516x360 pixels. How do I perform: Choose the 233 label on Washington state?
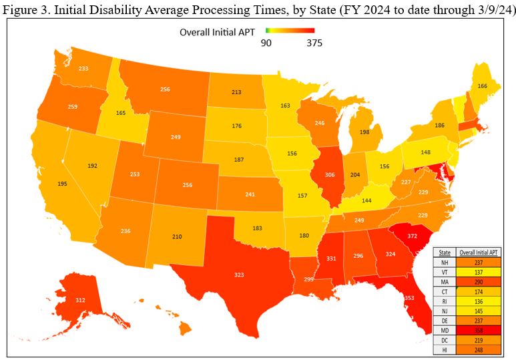[x=83, y=68]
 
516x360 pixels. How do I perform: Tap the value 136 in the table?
[x=479, y=291]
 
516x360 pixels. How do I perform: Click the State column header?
[x=445, y=252]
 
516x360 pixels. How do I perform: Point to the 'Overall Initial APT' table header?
[x=479, y=252]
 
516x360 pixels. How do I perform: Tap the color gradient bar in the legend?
[x=289, y=31]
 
